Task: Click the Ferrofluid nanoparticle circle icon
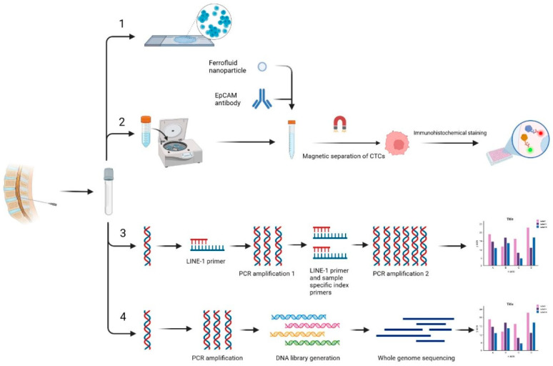262,66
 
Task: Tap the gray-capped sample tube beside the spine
109,190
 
